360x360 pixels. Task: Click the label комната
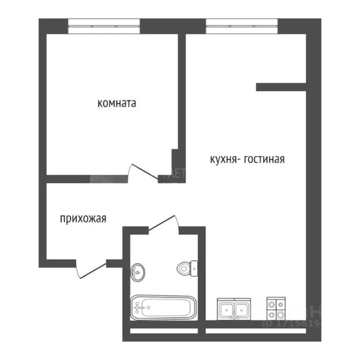pos(117,103)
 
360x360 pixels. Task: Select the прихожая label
pos(83,218)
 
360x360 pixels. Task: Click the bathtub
pos(163,307)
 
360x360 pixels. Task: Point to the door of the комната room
pos(144,171)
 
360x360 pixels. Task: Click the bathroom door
pos(163,222)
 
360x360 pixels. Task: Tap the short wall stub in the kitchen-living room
pos(280,87)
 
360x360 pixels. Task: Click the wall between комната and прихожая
pos(87,178)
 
